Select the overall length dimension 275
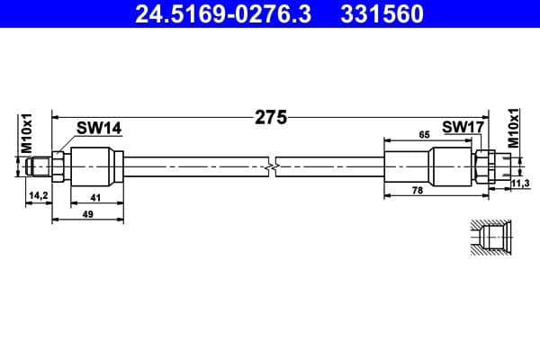click(270, 117)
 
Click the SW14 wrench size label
click(98, 129)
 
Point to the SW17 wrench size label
click(463, 129)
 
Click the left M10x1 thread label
click(26, 132)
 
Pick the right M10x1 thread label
click(514, 129)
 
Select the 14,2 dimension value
click(38, 194)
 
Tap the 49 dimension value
click(87, 215)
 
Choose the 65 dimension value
click(423, 133)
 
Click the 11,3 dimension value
click(519, 184)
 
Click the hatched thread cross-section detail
click(489, 238)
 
